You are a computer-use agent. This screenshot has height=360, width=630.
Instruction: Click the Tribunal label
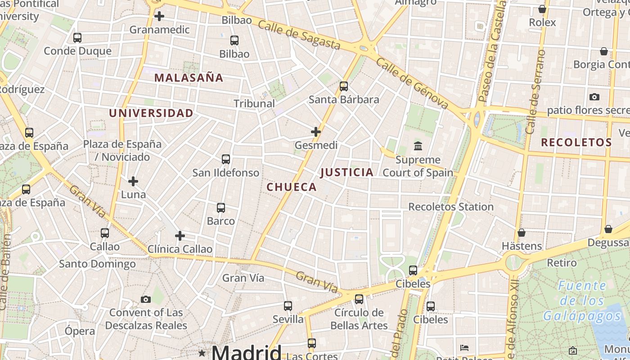254,103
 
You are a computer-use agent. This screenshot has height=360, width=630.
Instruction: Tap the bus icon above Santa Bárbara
344,86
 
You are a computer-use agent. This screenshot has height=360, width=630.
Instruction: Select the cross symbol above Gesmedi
316,132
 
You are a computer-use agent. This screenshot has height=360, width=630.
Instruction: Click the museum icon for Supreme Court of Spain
418,146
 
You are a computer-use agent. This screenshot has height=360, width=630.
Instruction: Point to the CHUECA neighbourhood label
292,187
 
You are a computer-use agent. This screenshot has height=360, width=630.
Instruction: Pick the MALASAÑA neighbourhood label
189,78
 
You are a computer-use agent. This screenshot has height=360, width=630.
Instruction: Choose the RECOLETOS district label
576,143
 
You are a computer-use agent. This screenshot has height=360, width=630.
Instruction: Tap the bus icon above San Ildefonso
226,159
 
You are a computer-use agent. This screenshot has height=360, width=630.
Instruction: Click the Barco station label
221,221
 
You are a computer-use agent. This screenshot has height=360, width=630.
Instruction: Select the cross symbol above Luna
133,181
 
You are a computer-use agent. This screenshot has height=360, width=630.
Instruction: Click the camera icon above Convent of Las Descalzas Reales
145,299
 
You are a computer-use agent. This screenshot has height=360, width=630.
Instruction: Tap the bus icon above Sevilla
288,306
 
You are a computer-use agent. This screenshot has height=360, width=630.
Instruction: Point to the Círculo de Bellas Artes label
359,319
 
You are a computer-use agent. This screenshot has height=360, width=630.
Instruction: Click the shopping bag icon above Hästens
522,233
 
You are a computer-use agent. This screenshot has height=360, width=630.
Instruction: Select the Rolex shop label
542,22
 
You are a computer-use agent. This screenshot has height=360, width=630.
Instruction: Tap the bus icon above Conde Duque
77,38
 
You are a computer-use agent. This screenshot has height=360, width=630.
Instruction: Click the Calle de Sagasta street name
299,35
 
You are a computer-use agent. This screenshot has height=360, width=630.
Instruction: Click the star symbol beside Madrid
202,353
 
